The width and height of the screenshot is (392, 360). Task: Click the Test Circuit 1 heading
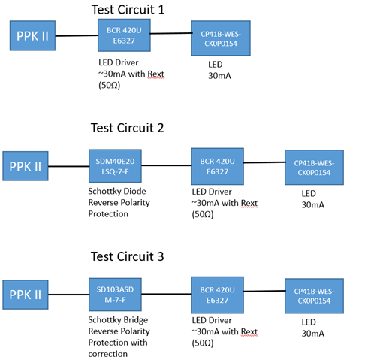tap(128, 10)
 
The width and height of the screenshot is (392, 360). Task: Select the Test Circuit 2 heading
tap(127, 128)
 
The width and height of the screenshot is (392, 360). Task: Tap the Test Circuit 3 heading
tap(127, 256)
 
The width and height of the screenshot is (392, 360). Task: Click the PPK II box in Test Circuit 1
tap(32, 35)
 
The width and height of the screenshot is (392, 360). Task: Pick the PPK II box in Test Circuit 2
tap(26, 166)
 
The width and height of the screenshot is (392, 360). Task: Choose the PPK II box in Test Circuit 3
tap(26, 295)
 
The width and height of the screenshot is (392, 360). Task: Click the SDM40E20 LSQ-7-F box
tap(115, 166)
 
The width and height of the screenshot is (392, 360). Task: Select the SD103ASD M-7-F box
tap(115, 295)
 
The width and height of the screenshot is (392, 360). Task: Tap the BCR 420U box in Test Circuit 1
tap(124, 35)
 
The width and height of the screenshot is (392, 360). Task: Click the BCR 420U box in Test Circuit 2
tap(217, 166)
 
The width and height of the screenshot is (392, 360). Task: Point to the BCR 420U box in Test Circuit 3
tap(217, 295)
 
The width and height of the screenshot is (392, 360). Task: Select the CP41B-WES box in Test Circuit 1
tap(221, 38)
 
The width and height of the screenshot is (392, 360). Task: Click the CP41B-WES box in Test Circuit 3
tap(314, 296)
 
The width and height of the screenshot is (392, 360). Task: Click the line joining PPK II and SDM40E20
tap(68, 166)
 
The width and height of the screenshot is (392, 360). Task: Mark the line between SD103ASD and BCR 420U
tap(167, 294)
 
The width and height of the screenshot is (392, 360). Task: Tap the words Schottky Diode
tap(117, 192)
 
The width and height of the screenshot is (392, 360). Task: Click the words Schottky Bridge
tap(118, 320)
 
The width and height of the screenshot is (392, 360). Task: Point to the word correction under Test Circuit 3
tap(108, 354)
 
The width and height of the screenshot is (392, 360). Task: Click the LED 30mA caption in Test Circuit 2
tap(313, 199)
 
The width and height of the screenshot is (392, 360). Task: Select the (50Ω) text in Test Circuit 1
tap(110, 86)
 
